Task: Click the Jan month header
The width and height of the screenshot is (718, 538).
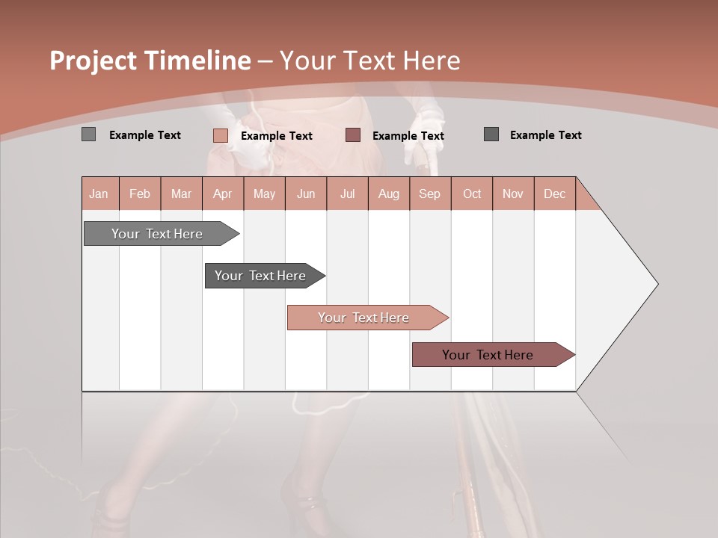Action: (x=99, y=194)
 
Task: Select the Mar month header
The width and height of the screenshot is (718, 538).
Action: (x=181, y=194)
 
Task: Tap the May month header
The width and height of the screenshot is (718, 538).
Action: (x=264, y=194)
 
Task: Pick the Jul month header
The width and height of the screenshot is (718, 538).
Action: (x=347, y=194)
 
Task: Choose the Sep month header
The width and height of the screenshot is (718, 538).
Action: (x=429, y=194)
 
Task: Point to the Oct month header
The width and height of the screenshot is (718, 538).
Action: (x=472, y=194)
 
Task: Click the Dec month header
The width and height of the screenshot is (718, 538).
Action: (x=554, y=194)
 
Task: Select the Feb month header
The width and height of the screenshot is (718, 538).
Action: (x=140, y=194)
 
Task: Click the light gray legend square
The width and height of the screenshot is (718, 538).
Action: (x=89, y=134)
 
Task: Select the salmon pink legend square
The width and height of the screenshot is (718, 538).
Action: (x=221, y=135)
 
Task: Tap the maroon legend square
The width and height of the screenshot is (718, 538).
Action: (x=353, y=135)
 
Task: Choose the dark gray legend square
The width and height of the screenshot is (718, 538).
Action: (x=491, y=134)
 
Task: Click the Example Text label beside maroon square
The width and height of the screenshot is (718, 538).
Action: (x=408, y=135)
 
